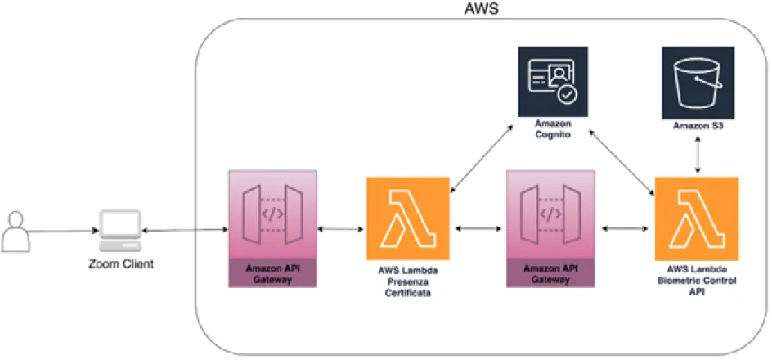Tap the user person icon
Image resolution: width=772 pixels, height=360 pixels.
[16, 231]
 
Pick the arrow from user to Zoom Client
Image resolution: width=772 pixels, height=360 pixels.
[61, 232]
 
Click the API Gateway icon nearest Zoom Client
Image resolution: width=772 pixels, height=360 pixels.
[272, 217]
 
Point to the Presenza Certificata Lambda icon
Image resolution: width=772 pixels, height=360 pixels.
[408, 217]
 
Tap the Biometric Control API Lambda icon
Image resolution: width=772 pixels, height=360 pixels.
[697, 217]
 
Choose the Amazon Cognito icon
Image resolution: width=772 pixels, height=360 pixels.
[553, 81]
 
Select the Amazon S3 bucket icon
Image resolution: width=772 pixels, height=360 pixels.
[697, 81]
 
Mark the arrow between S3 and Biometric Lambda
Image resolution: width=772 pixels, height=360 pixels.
[697, 154]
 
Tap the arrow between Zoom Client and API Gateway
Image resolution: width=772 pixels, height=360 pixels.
[183, 232]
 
